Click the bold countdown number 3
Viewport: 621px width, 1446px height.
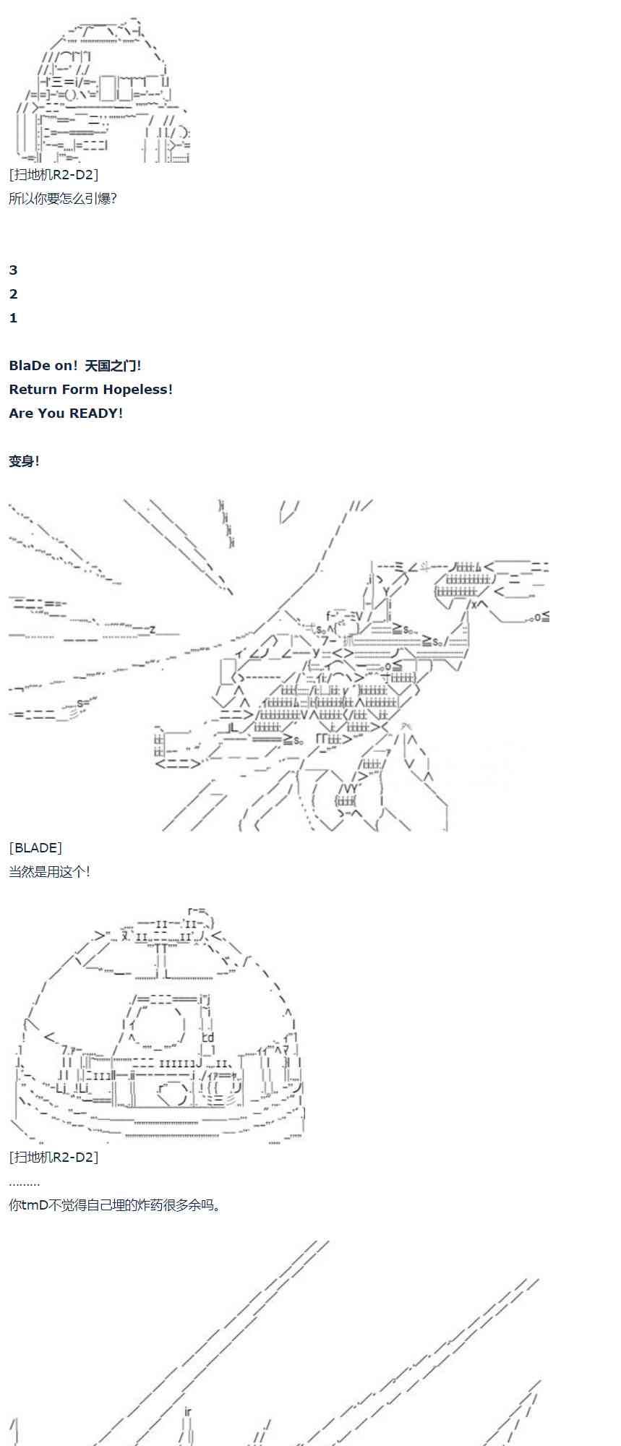(13, 270)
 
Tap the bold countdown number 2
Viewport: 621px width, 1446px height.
(13, 294)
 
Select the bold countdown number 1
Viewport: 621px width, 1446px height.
(13, 318)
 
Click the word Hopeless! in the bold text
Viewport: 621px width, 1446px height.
(137, 390)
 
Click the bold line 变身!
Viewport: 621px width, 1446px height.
(24, 461)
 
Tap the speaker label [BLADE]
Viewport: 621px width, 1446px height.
(35, 847)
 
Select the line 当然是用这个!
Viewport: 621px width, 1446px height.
(49, 871)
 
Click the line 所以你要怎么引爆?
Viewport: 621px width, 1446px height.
(63, 198)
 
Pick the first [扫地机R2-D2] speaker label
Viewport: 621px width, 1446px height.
(53, 174)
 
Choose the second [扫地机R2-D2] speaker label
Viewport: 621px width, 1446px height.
(53, 1157)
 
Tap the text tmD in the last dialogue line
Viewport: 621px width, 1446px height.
(35, 1205)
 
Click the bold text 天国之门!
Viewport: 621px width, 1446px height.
(113, 366)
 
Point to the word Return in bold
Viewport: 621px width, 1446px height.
(33, 390)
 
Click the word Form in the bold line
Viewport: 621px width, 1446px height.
(80, 390)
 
